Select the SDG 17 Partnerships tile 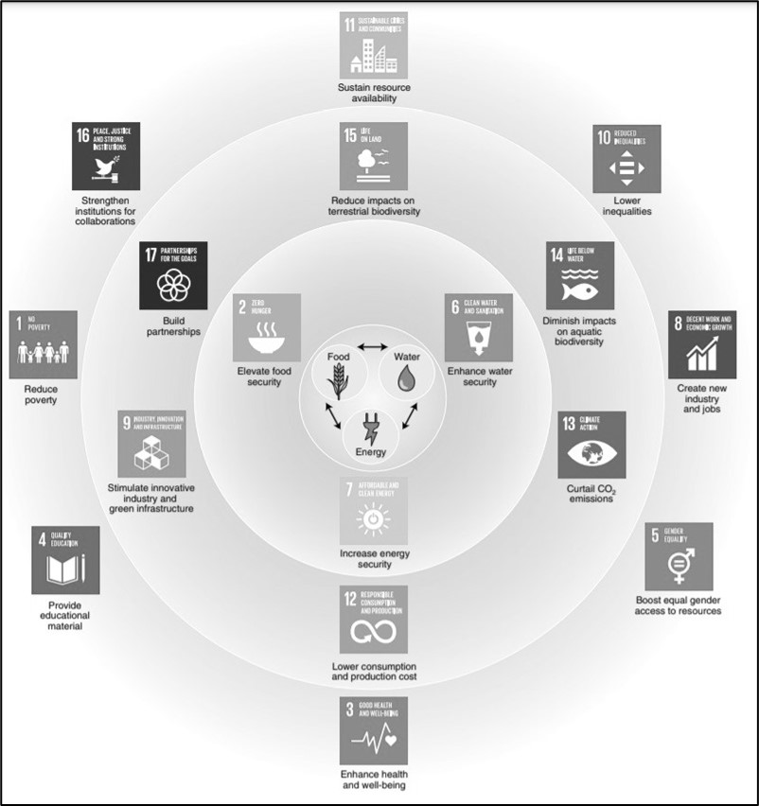point(173,276)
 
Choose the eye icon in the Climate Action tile point(591,454)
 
